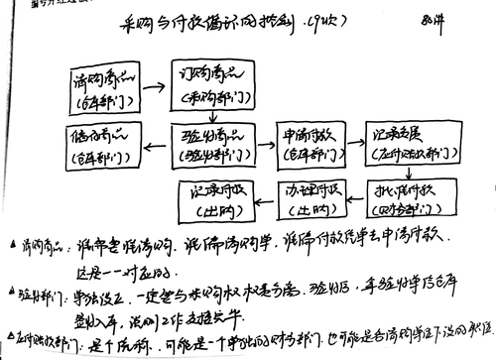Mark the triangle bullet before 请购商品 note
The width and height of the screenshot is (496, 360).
[10, 244]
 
